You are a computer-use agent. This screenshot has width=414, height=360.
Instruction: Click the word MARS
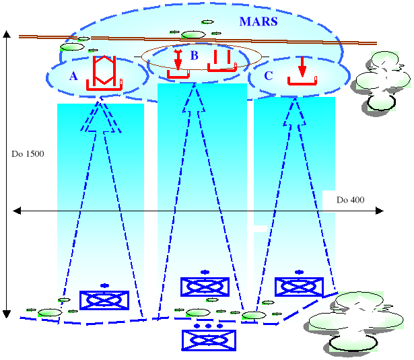(258, 22)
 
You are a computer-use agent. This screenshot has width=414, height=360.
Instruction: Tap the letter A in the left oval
(73, 76)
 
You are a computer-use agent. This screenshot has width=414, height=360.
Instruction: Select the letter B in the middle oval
(194, 55)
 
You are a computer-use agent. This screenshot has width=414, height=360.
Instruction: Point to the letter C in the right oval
(269, 75)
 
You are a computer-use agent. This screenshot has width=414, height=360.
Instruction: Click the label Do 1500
(28, 154)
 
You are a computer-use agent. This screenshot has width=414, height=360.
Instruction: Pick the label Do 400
(351, 201)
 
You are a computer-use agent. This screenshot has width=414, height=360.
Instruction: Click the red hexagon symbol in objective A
(103, 69)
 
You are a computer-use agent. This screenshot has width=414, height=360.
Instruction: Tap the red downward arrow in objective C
(302, 66)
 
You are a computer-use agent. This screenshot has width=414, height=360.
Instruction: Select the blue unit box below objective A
(104, 300)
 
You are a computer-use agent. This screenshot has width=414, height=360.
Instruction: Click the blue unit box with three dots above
(209, 339)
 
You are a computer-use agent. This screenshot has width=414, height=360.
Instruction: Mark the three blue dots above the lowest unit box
(209, 326)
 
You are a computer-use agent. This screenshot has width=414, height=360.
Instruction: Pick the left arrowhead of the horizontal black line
(17, 211)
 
